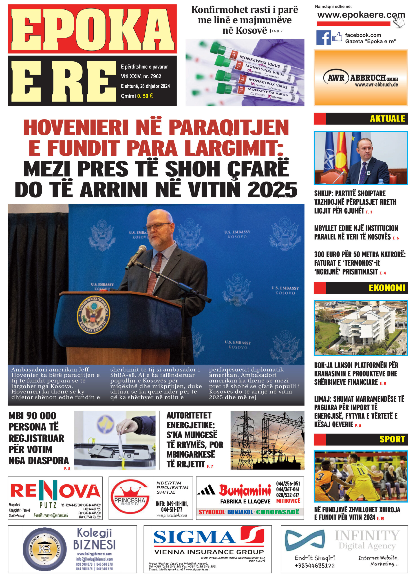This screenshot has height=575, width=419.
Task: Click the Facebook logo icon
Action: [x=323, y=38]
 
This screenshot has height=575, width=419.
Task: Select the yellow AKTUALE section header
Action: [x=387, y=119]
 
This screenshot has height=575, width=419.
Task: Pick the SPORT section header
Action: [x=392, y=439]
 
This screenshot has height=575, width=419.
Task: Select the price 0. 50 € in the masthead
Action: [x=145, y=96]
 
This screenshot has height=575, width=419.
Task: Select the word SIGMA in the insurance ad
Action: [x=194, y=537]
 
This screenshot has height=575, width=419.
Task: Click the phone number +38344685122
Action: [x=315, y=565]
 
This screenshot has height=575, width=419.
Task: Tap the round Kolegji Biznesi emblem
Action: [x=45, y=549]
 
